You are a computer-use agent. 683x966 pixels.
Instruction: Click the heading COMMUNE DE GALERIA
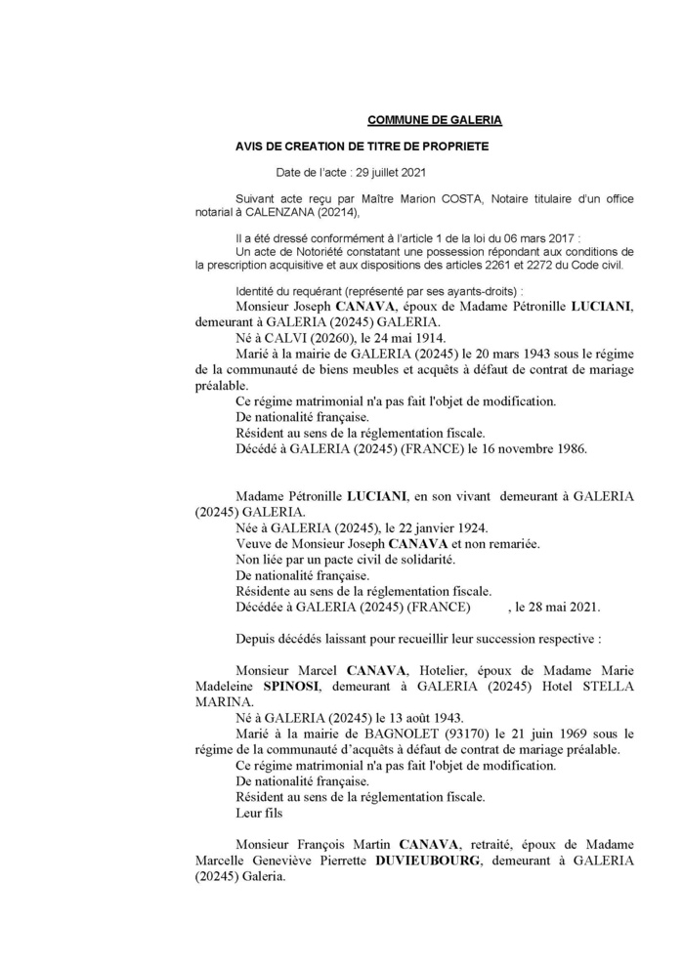click(434, 120)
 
